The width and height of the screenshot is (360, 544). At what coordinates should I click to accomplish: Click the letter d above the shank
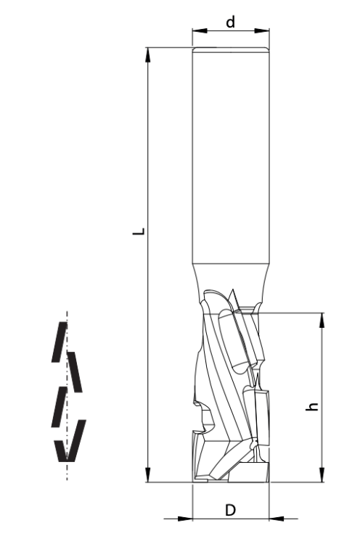[x=230, y=22]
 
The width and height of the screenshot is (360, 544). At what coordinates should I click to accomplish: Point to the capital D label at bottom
[x=230, y=510]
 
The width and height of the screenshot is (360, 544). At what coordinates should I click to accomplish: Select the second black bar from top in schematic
[x=75, y=371]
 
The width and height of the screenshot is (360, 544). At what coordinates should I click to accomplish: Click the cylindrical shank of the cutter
[x=230, y=160]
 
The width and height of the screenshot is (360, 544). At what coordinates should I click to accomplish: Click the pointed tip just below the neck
[x=234, y=295]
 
